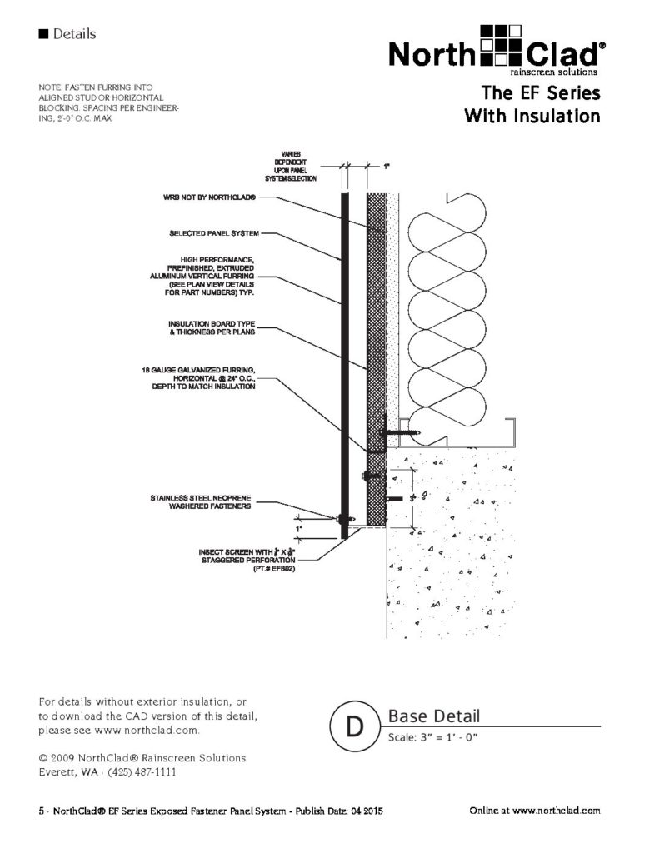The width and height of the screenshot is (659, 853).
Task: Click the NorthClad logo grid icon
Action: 502,48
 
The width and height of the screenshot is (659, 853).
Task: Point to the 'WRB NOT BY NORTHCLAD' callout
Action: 209,198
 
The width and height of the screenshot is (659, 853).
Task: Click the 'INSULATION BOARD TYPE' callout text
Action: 222,327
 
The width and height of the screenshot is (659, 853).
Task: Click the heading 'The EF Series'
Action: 541,92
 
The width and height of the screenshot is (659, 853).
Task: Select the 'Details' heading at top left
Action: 74,34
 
